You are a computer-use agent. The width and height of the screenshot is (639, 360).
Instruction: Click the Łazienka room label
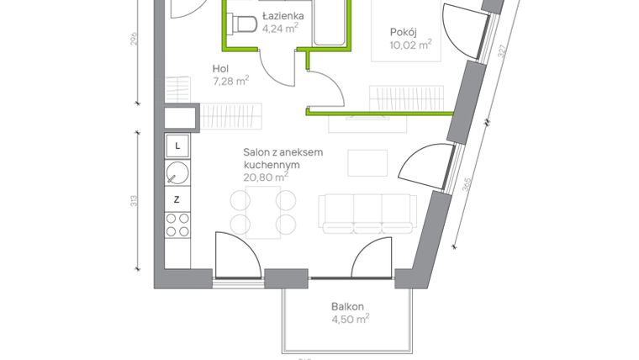tap(283, 16)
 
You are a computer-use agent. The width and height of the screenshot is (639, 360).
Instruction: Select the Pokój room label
tap(404, 33)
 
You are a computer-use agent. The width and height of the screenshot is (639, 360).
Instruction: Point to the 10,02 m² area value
tap(410, 45)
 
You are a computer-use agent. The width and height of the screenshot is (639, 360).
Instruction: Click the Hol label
tap(221, 70)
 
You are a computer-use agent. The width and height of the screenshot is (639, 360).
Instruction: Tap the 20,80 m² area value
tap(265, 177)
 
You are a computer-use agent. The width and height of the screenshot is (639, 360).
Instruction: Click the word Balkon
tap(348, 307)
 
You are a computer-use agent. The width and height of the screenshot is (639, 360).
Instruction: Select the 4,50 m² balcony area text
tap(351, 319)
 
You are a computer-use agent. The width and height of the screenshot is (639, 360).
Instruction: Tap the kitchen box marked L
tap(177, 146)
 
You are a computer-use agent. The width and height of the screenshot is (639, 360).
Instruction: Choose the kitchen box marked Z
tap(177, 199)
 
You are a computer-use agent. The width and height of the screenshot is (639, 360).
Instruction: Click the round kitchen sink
tap(177, 173)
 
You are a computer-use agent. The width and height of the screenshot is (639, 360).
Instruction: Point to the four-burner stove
tap(177, 225)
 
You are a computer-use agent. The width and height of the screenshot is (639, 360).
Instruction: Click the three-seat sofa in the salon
tap(368, 212)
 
